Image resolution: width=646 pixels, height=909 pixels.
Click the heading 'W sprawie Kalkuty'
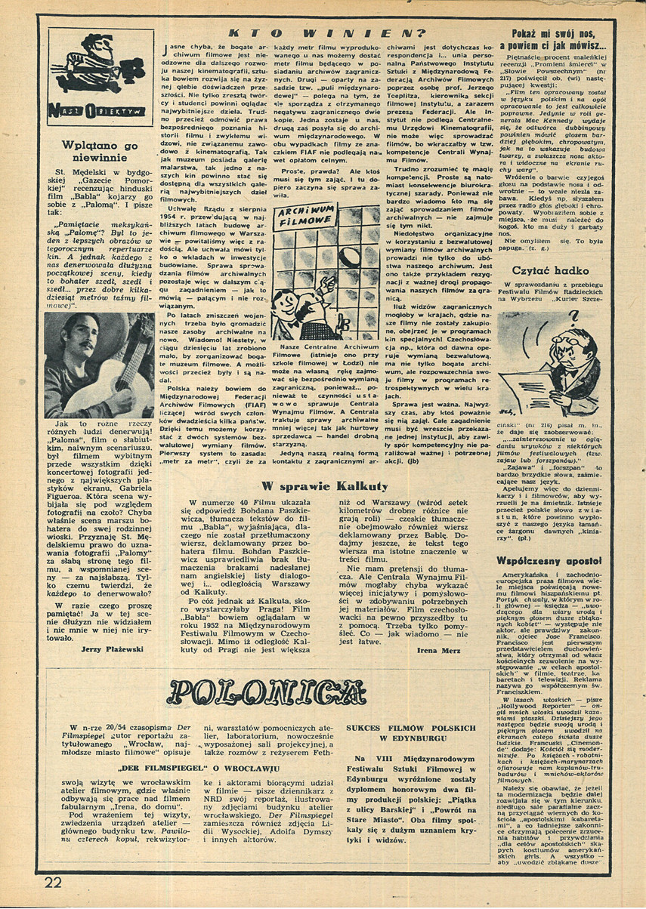pos(324,485)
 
